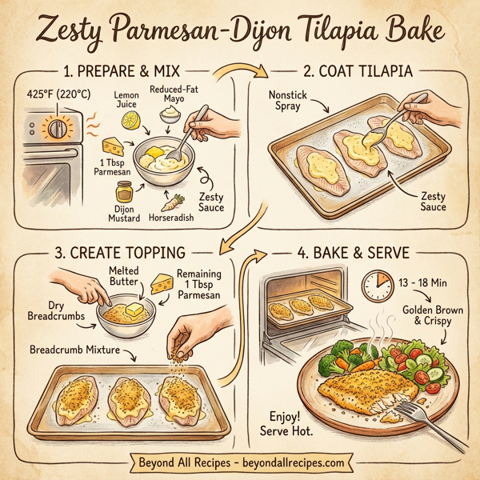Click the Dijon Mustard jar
(x=122, y=193)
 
